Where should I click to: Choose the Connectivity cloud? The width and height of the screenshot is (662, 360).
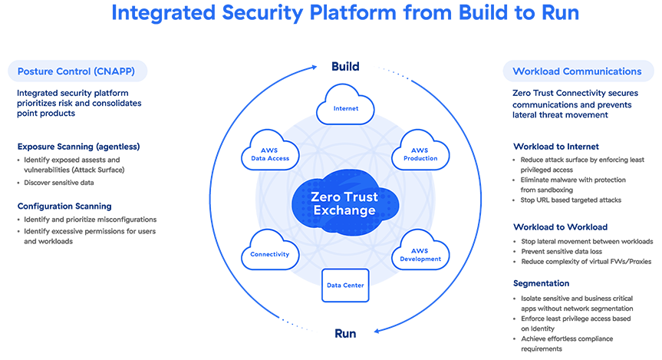point(269,253)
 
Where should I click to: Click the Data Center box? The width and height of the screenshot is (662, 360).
point(345,285)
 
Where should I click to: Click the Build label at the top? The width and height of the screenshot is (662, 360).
point(345,67)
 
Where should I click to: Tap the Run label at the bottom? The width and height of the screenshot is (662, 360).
point(345,333)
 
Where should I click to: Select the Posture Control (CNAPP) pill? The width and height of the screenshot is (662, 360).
point(77,71)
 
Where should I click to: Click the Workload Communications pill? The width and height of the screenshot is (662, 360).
point(574,71)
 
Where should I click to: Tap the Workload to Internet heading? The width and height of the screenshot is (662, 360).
point(555,146)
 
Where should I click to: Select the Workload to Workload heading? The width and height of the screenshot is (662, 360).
point(559,227)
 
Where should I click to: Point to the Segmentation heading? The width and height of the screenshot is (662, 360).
point(540,282)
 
